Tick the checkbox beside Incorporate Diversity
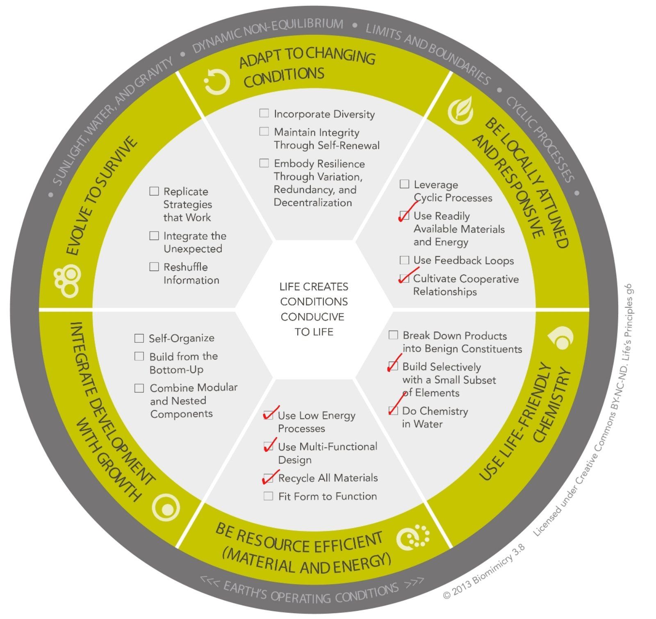point(264,113)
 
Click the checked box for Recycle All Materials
point(268,478)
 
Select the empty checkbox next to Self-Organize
point(139,338)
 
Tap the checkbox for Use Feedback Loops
point(404,260)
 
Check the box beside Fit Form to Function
point(268,496)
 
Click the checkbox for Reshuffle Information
point(154,267)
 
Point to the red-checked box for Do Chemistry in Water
point(393,410)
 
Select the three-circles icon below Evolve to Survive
point(68,282)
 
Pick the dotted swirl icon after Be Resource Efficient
point(413,537)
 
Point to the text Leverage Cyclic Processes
point(451,191)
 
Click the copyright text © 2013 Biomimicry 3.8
point(484,571)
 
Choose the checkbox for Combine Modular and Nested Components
point(139,388)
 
